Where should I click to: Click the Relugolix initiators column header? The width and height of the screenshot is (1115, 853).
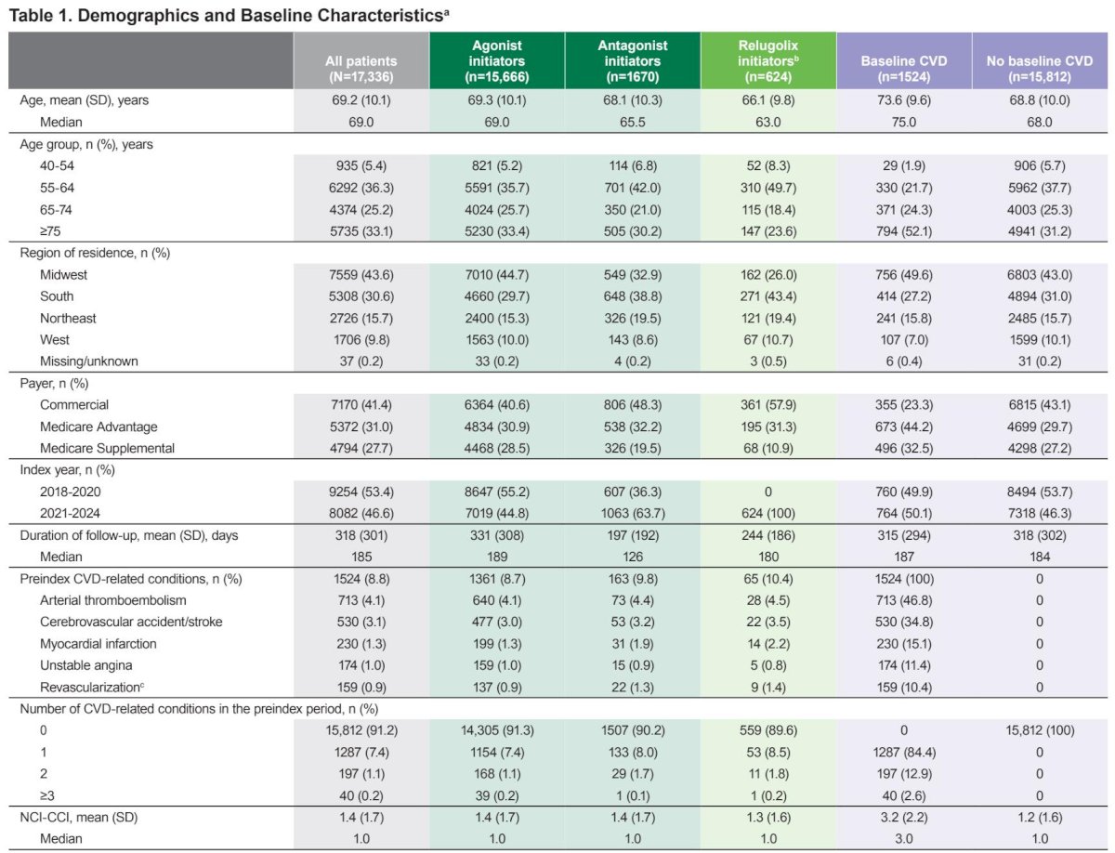pos(768,61)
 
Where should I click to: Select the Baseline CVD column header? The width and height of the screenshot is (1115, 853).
pos(904,61)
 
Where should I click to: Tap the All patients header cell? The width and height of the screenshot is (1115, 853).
pos(361,61)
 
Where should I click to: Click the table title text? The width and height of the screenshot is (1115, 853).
pos(230,15)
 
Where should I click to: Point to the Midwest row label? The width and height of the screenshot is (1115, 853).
pos(63,275)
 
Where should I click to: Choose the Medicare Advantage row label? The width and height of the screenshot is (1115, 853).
pos(98,426)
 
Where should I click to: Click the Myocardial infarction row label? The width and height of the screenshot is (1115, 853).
pos(98,644)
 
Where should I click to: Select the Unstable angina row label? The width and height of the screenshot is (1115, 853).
pos(85,665)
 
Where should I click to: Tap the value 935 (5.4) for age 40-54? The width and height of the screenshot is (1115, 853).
pos(361,166)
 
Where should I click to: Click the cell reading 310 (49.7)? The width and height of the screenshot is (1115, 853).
pos(768,188)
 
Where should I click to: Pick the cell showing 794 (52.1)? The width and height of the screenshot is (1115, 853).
pos(904,231)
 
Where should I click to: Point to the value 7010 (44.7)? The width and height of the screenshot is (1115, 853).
pos(497,275)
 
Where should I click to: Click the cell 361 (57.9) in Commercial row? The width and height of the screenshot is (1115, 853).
pos(768,405)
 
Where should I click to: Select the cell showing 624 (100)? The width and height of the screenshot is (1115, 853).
pos(768,513)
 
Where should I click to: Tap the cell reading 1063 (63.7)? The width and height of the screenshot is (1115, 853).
pos(633,513)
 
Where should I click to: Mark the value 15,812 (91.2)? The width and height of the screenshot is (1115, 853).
pos(361,730)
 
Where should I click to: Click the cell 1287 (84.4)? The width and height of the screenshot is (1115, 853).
pos(904,753)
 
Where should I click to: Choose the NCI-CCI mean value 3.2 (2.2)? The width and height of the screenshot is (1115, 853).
pos(904,818)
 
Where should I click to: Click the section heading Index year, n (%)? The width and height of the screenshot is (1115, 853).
pos(67,470)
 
